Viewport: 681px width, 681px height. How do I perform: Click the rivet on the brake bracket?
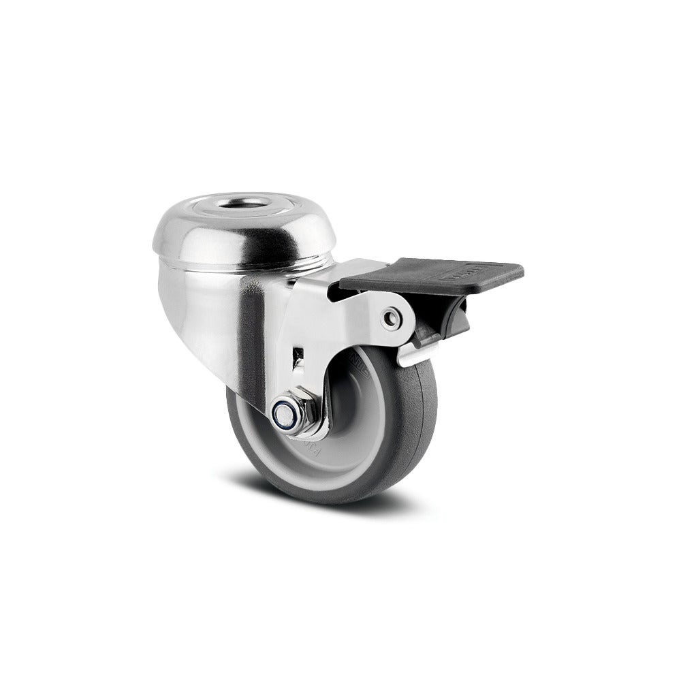coord(391,318)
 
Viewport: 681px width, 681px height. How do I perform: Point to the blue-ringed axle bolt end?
coord(282,413)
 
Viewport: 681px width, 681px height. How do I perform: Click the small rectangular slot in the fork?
coord(298,354)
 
